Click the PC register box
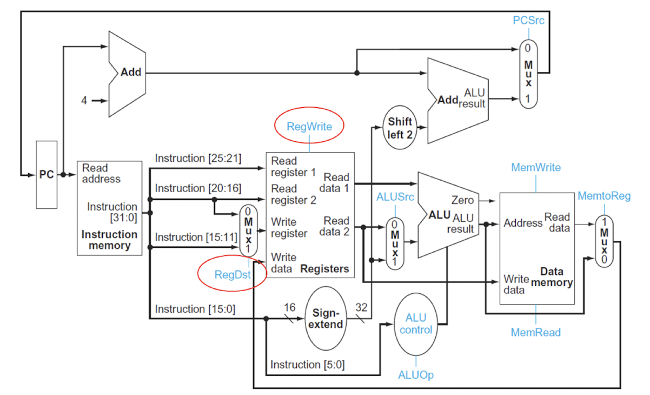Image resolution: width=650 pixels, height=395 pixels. (47, 175)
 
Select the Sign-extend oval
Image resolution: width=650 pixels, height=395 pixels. (326, 318)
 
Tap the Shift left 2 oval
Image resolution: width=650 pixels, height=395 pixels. (400, 128)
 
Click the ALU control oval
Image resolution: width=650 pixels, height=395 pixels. (416, 324)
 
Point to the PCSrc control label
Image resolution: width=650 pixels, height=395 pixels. (528, 21)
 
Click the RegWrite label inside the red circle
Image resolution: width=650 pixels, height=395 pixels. (309, 127)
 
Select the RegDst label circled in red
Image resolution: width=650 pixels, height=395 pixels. (232, 275)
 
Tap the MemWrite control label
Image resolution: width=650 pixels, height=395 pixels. (536, 167)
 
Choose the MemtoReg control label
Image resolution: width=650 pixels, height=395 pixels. (604, 196)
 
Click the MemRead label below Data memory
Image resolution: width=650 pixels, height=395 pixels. (536, 332)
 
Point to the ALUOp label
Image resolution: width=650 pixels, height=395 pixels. (415, 375)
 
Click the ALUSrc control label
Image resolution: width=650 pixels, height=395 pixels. (395, 197)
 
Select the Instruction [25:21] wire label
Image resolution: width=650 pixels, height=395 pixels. (198, 159)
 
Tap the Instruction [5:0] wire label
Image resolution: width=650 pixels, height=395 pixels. (307, 365)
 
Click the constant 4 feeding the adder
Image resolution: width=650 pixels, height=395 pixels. (84, 101)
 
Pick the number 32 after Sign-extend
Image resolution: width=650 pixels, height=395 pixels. (361, 307)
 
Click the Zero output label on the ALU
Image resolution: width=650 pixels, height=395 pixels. (462, 200)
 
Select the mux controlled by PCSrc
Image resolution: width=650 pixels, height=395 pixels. (528, 74)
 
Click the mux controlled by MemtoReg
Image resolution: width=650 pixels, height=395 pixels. (604, 241)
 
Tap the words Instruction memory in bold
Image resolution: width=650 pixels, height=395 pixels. (109, 240)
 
